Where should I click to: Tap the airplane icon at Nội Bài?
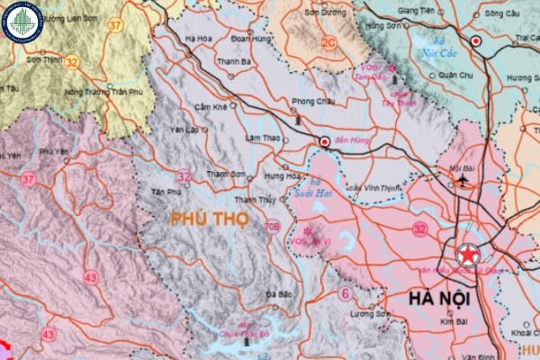[x=463, y=178]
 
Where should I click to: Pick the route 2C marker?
[x=328, y=42]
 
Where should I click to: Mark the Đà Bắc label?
[x=280, y=294]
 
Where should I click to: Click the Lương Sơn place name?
[x=367, y=314]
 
